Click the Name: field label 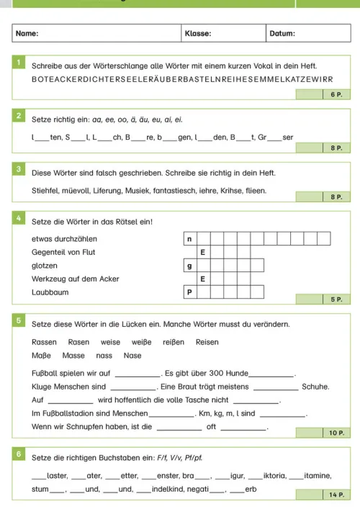[x=27, y=33]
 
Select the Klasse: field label [x=198, y=33]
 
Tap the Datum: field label [x=282, y=33]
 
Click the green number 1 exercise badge [x=19, y=64]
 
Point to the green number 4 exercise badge [x=19, y=220]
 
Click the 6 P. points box [x=335, y=94]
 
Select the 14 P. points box [x=335, y=495]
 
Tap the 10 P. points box [x=335, y=433]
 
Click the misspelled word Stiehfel [x=45, y=191]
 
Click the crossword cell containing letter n [x=190, y=238]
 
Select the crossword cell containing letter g [x=190, y=266]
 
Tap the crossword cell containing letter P [x=190, y=292]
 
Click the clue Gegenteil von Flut [x=63, y=252]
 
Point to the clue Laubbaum [x=47, y=292]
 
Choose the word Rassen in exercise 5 [x=45, y=342]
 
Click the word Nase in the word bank [x=132, y=355]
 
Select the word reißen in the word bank [x=175, y=342]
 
